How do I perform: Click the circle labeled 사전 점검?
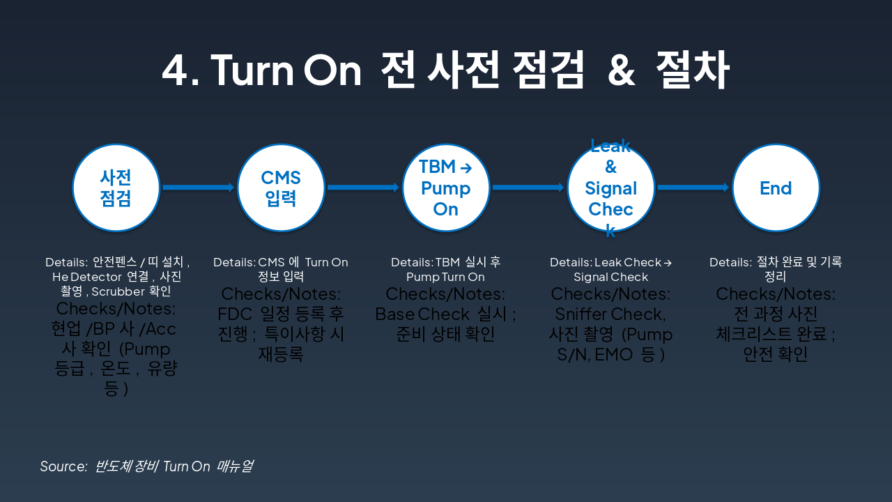(x=116, y=188)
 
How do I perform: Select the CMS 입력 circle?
(x=281, y=188)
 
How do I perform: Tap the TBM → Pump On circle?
(x=446, y=188)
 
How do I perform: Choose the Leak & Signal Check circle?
(x=611, y=188)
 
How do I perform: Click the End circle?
(x=776, y=188)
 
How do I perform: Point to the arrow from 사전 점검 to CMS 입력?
(x=198, y=187)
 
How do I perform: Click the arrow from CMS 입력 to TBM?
(x=363, y=187)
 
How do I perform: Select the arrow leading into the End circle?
(x=693, y=187)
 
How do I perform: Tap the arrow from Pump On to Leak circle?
(x=528, y=187)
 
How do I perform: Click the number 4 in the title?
(x=175, y=70)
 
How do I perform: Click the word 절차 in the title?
(x=693, y=70)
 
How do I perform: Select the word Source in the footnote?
(x=63, y=466)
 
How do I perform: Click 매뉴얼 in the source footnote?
(x=235, y=466)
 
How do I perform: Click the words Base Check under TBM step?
(x=420, y=314)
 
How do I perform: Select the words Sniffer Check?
(x=610, y=314)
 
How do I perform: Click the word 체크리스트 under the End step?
(x=766, y=334)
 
